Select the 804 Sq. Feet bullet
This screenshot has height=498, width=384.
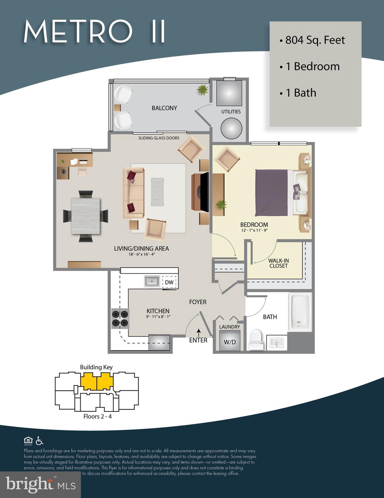tap(312, 40)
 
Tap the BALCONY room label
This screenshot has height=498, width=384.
tap(164, 108)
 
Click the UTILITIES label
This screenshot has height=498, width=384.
tap(231, 112)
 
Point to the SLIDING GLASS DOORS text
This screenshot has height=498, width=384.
tap(159, 138)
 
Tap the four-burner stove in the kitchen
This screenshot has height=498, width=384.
tap(120, 318)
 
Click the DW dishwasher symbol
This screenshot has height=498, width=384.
tap(169, 282)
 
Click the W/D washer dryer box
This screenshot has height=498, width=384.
tap(230, 342)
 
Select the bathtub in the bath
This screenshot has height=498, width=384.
tap(300, 312)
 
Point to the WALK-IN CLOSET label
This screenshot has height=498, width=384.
tap(278, 263)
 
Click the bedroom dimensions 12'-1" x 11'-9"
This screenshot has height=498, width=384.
tap(254, 231)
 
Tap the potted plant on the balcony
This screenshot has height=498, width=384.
tap(203, 89)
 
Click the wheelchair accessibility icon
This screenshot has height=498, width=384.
tap(39, 441)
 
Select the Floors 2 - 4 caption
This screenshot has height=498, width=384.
tap(97, 416)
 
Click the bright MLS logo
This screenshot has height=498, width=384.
tap(40, 484)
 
